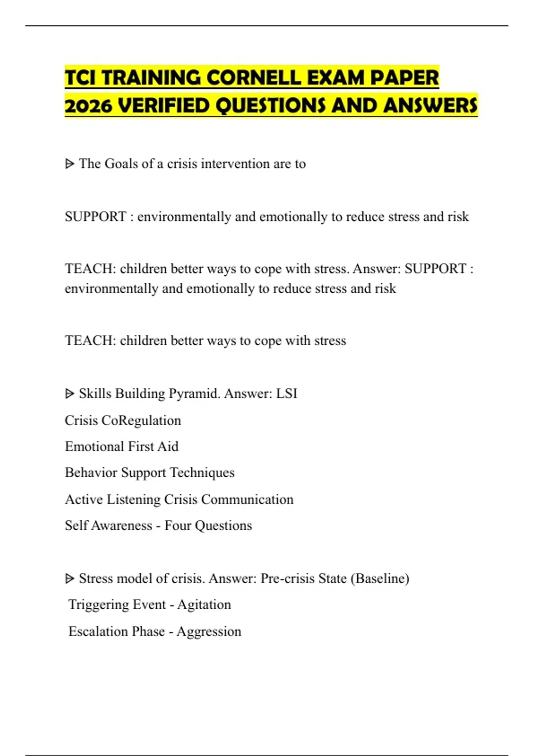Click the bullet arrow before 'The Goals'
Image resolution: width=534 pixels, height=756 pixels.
coord(69,164)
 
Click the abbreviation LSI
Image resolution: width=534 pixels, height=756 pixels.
coord(287,394)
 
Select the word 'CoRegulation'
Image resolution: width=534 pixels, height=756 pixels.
coord(142,420)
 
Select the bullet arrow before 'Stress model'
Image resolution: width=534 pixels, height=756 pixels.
coord(69,579)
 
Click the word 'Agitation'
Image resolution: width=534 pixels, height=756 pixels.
coord(204,605)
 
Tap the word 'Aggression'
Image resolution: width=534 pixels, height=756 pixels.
coord(209,631)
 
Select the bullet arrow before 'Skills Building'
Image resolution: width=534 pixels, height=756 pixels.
coord(69,394)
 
